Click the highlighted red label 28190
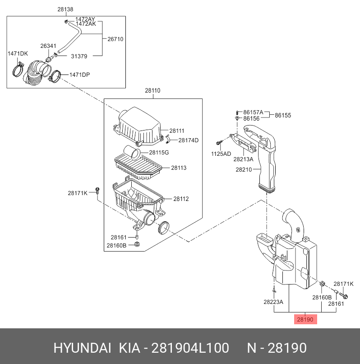tap(305, 320)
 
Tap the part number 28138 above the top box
tap(65, 9)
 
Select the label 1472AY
tap(85, 19)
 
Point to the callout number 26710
tap(115, 39)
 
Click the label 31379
tap(79, 56)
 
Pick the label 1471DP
tap(79, 75)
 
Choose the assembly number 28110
tap(152, 90)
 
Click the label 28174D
tap(188, 140)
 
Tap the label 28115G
tap(159, 153)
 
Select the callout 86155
tap(283, 115)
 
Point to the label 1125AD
tap(221, 154)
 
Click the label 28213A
tap(243, 159)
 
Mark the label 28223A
tap(273, 302)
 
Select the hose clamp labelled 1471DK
tap(18, 70)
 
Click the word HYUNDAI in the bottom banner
tap(82, 348)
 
